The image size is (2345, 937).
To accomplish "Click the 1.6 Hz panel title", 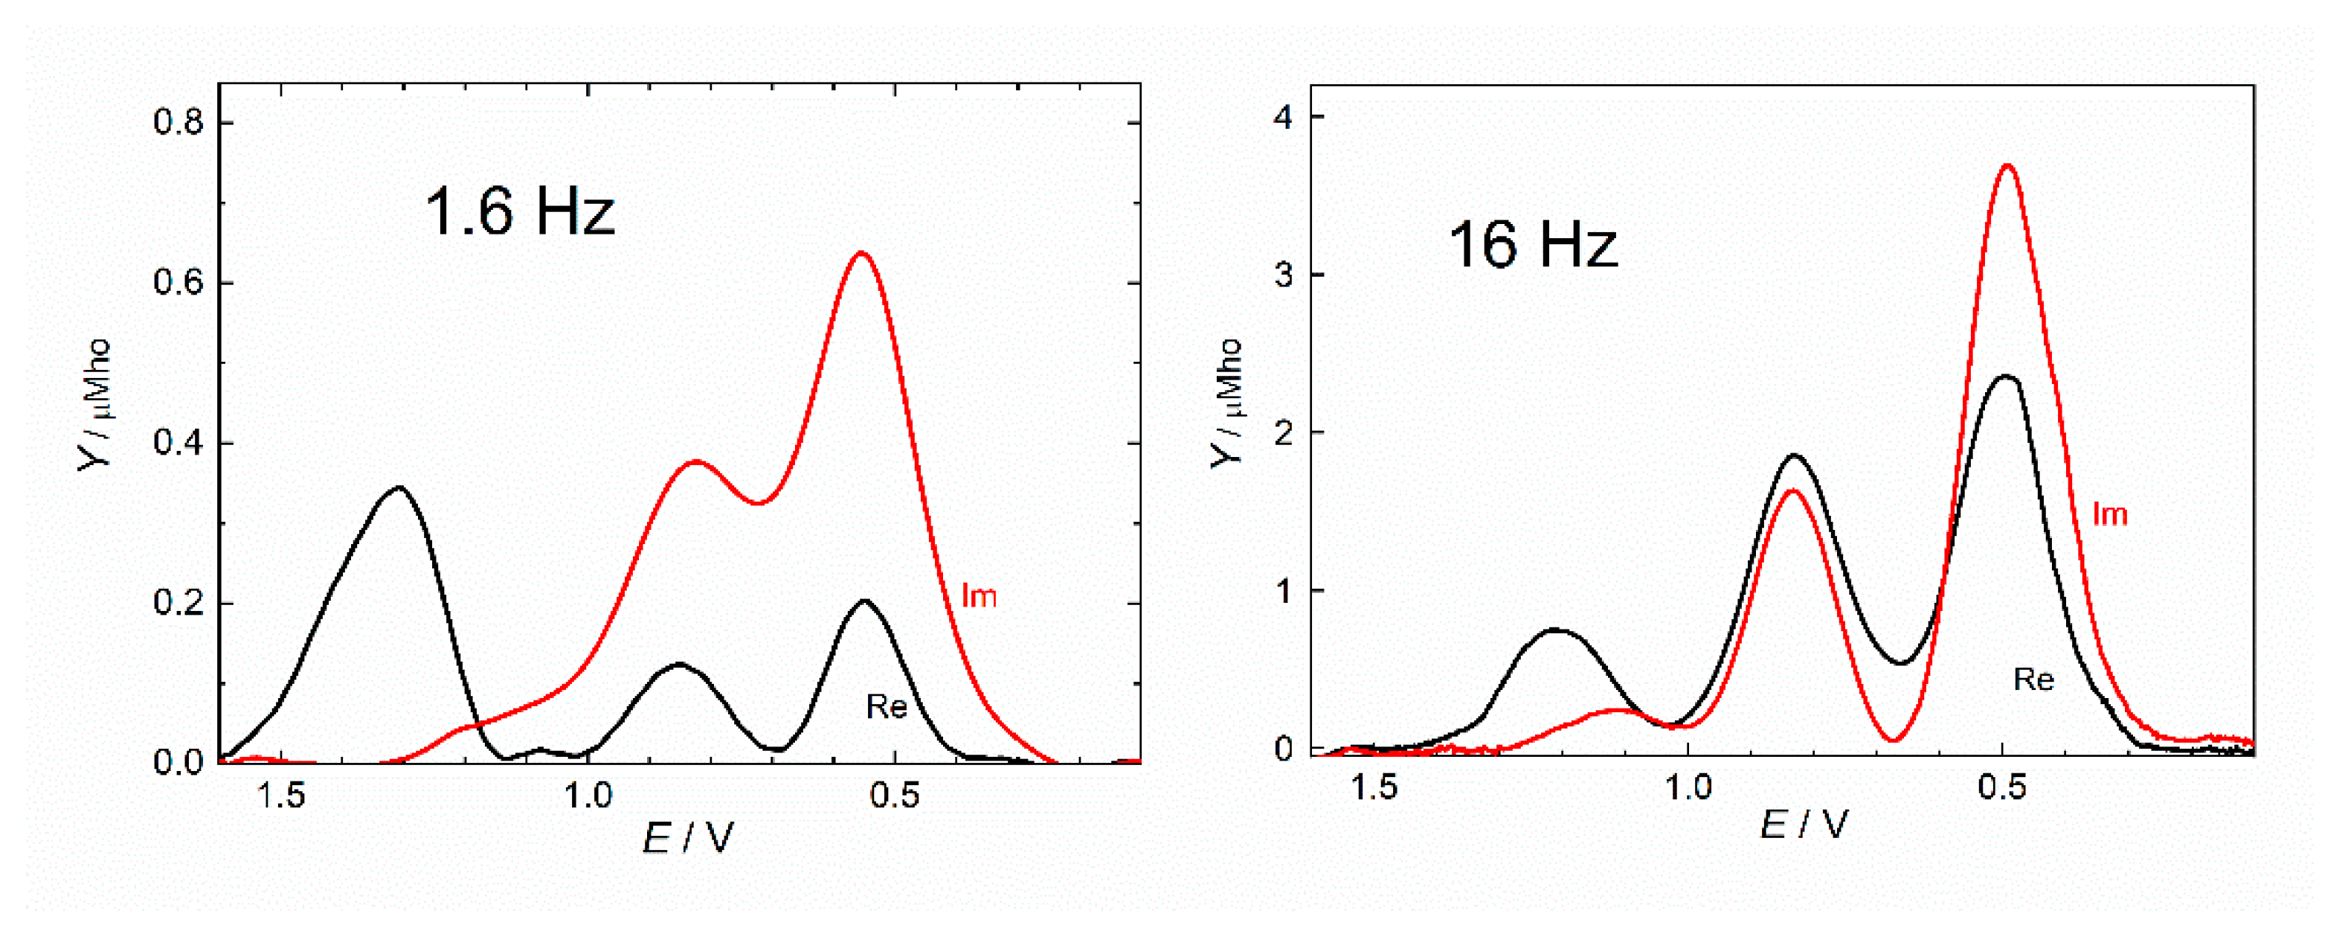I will tap(520, 211).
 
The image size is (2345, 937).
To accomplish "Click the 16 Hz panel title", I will tap(1533, 245).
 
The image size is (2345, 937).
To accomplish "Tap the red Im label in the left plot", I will tap(979, 595).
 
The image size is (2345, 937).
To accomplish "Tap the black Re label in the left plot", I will tap(886, 706).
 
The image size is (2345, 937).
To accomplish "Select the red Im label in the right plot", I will tap(2109, 514).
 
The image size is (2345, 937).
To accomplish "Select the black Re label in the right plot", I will tap(2033, 679).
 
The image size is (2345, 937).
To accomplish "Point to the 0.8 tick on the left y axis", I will tap(178, 121).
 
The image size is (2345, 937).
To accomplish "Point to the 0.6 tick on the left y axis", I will tap(178, 282).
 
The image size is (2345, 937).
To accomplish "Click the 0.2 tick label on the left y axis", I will tap(178, 603).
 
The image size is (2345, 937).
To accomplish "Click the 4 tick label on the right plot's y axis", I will tap(1284, 118).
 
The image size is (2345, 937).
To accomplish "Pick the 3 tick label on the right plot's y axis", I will tap(1284, 275).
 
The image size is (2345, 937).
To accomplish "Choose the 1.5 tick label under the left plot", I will tap(280, 795).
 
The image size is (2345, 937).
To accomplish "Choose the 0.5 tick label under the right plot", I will tap(2002, 787).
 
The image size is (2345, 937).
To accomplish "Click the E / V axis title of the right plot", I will tap(1804, 825).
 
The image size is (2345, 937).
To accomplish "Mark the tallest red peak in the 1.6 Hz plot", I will tap(861, 253).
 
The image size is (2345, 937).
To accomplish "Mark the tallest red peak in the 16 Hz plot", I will tap(2008, 166).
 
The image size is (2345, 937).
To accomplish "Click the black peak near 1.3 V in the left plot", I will tap(398, 488).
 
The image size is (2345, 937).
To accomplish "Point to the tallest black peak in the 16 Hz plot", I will tap(2005, 376).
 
